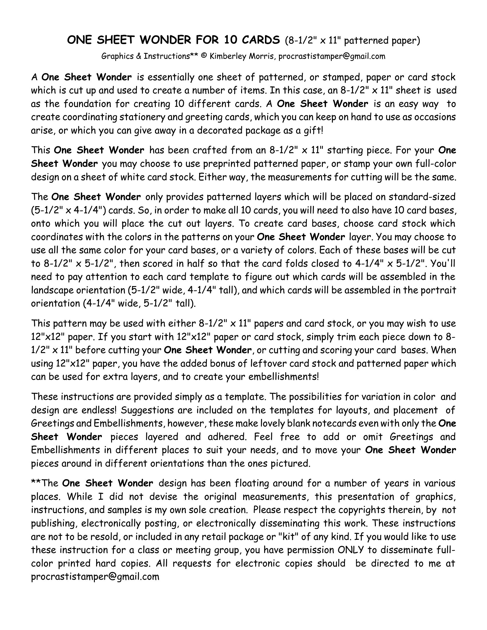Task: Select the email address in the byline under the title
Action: pyautogui.click(x=332, y=56)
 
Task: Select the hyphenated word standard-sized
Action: pyautogui.click(x=422, y=197)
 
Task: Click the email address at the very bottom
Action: pyautogui.click(x=95, y=576)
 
